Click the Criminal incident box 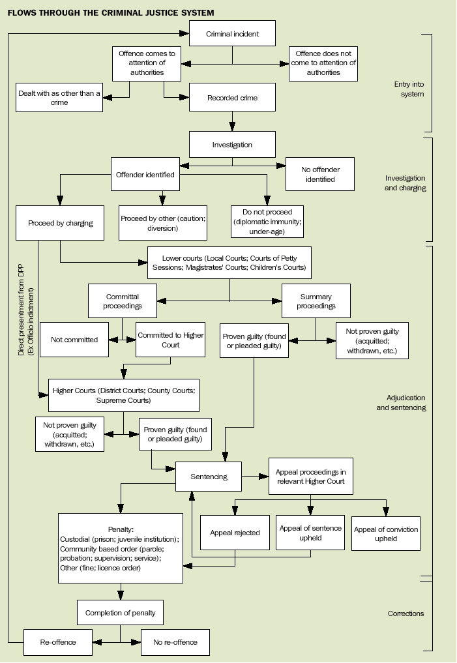point(232,33)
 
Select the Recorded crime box point(232,98)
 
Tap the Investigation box point(232,145)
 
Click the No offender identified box point(320,174)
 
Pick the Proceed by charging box point(61,223)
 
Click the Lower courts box point(229,263)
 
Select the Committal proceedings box point(122,301)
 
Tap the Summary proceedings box point(316,301)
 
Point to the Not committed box point(74,340)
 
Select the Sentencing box point(209,477)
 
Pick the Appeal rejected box point(235,533)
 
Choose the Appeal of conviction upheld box point(386,534)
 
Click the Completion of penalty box point(120,613)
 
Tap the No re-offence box point(174,642)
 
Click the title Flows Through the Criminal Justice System point(111,12)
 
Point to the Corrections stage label point(405,613)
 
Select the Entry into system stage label point(409,89)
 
